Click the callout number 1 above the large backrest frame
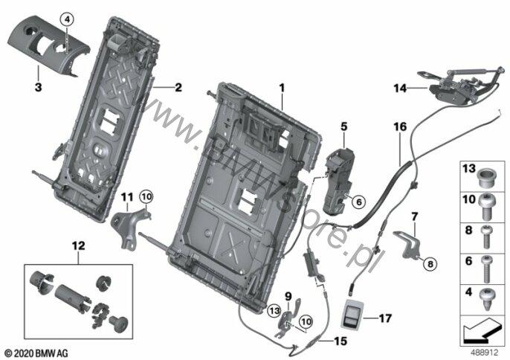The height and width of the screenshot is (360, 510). click(x=282, y=88)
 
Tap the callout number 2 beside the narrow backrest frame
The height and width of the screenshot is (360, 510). click(x=178, y=88)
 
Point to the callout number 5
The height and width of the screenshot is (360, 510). click(x=343, y=127)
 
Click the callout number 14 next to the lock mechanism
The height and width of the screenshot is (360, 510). click(x=401, y=89)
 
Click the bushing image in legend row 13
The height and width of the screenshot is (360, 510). click(x=483, y=179)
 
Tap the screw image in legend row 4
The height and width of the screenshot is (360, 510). click(x=483, y=298)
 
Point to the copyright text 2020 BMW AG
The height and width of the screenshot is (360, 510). click(x=36, y=350)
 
